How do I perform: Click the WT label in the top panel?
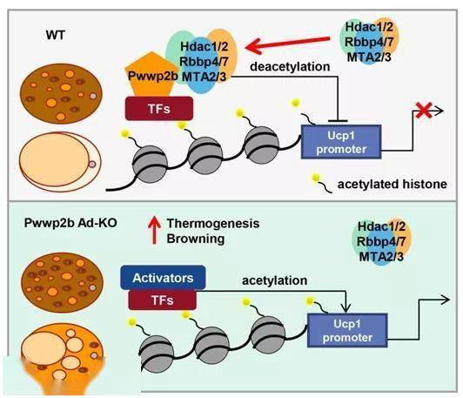[x=55, y=35]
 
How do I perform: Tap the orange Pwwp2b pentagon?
[x=151, y=74]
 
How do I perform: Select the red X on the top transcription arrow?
[x=424, y=111]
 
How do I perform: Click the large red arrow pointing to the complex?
[x=287, y=45]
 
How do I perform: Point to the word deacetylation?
[x=290, y=66]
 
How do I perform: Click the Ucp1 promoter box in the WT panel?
[x=341, y=142]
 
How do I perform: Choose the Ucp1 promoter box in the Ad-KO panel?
[x=347, y=330]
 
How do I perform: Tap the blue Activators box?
[x=163, y=278]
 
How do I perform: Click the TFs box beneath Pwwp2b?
[x=159, y=109]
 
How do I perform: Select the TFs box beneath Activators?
[x=163, y=300]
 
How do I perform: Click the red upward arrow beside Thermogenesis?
[x=154, y=230]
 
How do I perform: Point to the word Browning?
[x=196, y=239]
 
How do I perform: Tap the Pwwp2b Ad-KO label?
[x=70, y=222]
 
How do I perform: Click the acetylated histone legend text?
[x=393, y=184]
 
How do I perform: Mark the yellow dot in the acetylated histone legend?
[x=316, y=178]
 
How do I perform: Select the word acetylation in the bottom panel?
[x=275, y=280]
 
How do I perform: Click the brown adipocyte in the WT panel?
[x=61, y=93]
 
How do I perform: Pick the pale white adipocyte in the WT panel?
[x=61, y=162]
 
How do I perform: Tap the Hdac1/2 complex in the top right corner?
[x=369, y=42]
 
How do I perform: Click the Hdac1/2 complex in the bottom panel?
[x=381, y=241]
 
